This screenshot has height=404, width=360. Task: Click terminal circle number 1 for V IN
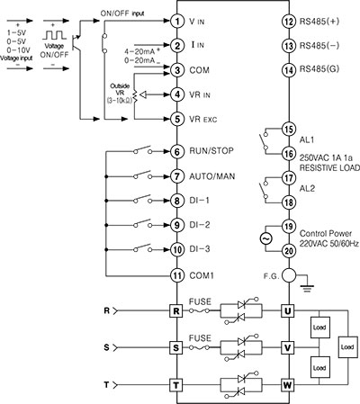[178, 19]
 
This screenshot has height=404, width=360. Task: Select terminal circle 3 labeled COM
[178, 69]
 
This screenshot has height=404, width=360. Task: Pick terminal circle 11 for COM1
[178, 274]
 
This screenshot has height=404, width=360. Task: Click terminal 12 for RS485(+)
[288, 19]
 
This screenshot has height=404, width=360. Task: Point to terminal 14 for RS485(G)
[288, 69]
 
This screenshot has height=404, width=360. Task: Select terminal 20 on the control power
[288, 251]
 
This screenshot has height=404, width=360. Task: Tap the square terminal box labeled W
[288, 384]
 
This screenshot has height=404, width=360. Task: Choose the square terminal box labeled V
[288, 346]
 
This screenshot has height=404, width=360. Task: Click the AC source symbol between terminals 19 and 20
[265, 238]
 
